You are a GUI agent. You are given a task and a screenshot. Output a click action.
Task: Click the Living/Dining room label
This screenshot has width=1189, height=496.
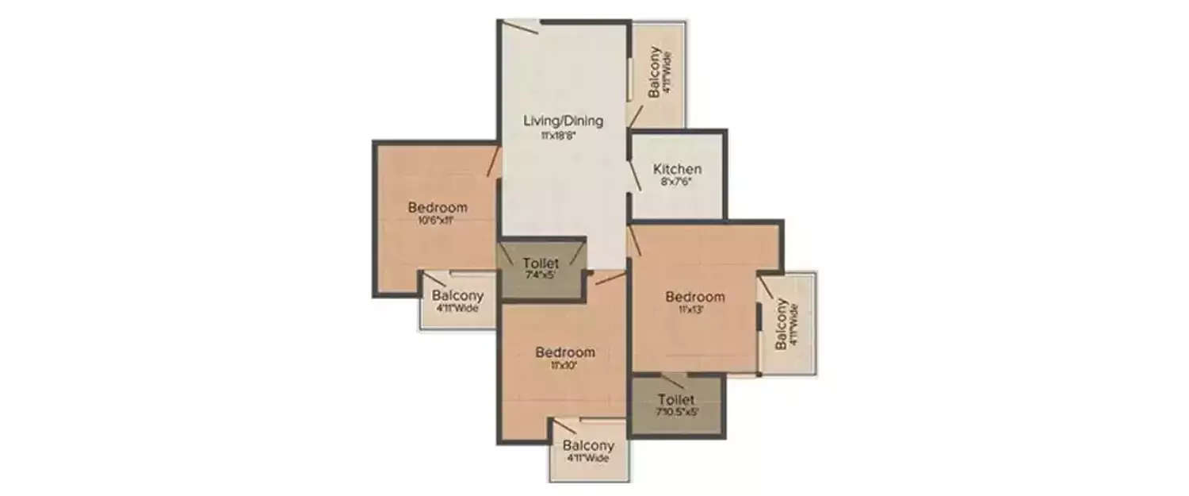tap(563, 121)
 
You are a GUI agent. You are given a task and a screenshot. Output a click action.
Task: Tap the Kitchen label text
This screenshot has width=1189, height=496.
tap(677, 169)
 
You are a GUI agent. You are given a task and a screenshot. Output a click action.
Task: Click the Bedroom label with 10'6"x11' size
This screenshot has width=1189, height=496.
tap(438, 208)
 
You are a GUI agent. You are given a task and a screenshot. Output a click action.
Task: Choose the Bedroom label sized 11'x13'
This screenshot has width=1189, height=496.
tap(695, 297)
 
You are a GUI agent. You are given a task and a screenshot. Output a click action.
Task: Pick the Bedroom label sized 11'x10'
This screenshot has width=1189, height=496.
tap(565, 352)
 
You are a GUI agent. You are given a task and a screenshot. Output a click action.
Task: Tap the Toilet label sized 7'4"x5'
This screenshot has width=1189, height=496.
tap(541, 263)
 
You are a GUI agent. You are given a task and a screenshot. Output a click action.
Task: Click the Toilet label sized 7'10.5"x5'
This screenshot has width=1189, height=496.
tap(676, 399)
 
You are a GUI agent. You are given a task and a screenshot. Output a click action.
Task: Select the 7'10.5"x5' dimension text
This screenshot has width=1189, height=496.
tap(676, 412)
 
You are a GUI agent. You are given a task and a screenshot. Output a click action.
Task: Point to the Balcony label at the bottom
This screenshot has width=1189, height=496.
tap(588, 446)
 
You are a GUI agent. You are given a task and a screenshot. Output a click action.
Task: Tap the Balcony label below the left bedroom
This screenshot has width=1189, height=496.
tap(457, 295)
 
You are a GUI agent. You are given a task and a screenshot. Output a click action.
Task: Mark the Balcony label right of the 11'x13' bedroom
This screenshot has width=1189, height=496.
tap(782, 324)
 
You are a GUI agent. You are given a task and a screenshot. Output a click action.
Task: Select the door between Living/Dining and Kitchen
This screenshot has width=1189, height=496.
tap(635, 175)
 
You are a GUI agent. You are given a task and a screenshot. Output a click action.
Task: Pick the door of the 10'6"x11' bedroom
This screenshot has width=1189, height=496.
tap(493, 161)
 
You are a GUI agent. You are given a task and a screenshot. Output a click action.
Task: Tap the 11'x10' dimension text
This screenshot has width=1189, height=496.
tap(565, 366)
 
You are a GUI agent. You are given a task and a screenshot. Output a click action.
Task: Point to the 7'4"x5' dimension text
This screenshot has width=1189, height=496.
tap(540, 275)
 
